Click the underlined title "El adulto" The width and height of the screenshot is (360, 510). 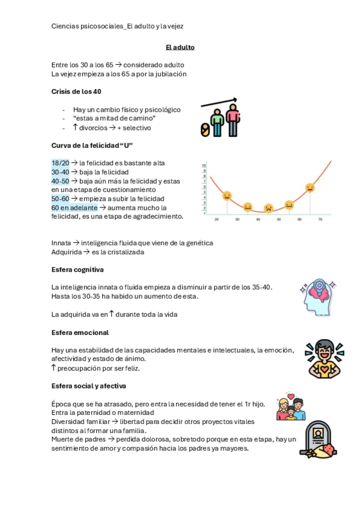[180, 47]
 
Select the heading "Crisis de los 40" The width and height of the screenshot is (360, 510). [76, 91]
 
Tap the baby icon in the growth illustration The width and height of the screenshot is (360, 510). [206, 130]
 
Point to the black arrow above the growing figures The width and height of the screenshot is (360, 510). [219, 103]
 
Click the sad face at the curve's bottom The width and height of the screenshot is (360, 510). [269, 207]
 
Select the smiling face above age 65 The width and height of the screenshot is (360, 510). [310, 188]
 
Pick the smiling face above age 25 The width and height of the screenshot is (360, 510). [227, 195]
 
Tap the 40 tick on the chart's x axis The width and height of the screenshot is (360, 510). [258, 220]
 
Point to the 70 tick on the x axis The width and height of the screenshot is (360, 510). [320, 220]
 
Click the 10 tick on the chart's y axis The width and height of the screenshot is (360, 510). [204, 165]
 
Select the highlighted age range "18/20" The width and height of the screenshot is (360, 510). [60, 163]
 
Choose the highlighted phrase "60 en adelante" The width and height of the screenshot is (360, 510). [74, 207]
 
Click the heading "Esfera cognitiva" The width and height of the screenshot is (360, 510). [78, 269]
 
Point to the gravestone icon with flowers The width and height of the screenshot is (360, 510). [317, 439]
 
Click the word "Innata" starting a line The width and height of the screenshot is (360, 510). [61, 243]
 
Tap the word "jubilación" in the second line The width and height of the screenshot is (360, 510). [170, 74]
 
